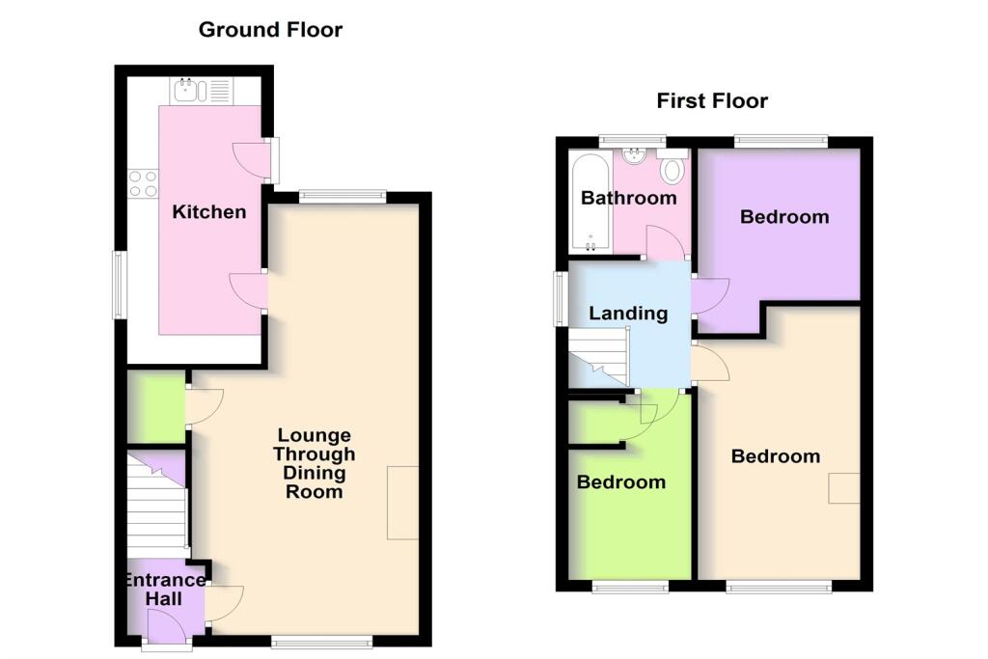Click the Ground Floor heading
pos(270,30)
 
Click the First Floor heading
pos(712,100)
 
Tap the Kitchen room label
pos(208,211)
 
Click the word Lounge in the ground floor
pos(314,435)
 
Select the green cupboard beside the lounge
pos(155,401)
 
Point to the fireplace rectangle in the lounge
pos(403,502)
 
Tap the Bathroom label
pos(628,198)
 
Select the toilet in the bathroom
pos(672,170)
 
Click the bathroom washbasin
pos(635,155)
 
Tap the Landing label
pos(628,313)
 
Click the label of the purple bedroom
pos(783,217)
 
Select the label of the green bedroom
pos(620,481)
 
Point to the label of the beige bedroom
pos(775,456)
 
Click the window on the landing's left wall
pos(560,299)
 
